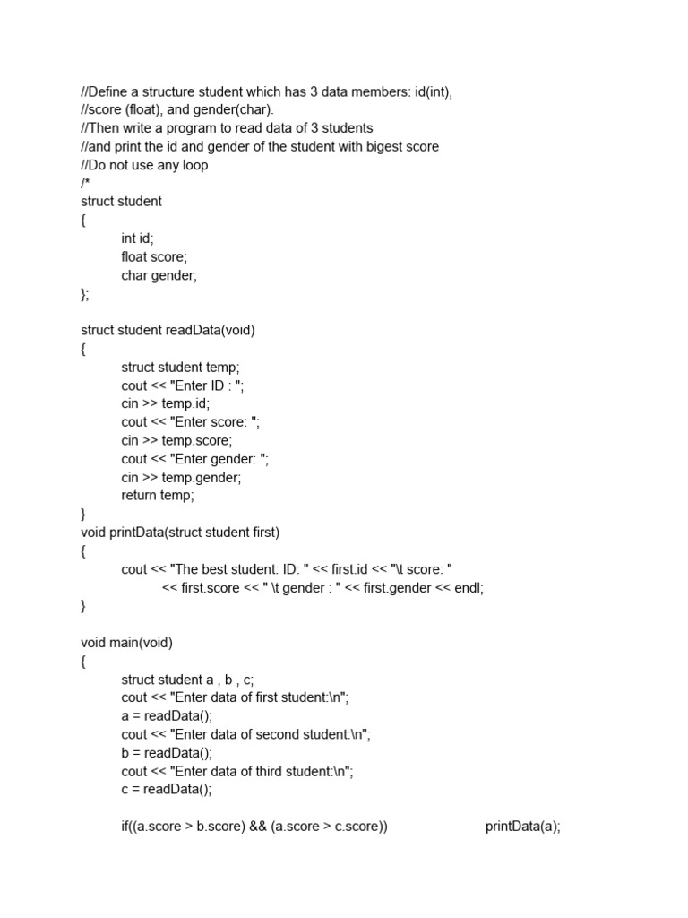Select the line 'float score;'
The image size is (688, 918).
click(x=154, y=257)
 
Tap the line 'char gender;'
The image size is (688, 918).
click(x=159, y=275)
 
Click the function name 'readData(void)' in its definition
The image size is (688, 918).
click(x=211, y=330)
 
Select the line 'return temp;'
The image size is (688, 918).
click(x=158, y=495)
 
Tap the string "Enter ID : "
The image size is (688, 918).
click(x=207, y=385)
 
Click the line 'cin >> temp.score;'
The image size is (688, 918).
click(x=176, y=440)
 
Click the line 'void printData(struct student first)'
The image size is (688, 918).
click(x=180, y=533)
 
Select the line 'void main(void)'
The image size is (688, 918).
click(x=126, y=642)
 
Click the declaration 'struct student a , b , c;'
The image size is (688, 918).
click(x=194, y=680)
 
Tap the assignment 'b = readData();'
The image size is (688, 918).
click(x=167, y=753)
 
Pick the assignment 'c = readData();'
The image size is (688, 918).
click(x=167, y=790)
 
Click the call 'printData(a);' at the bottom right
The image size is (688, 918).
click(x=523, y=827)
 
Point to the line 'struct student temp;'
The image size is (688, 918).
click(x=181, y=367)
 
